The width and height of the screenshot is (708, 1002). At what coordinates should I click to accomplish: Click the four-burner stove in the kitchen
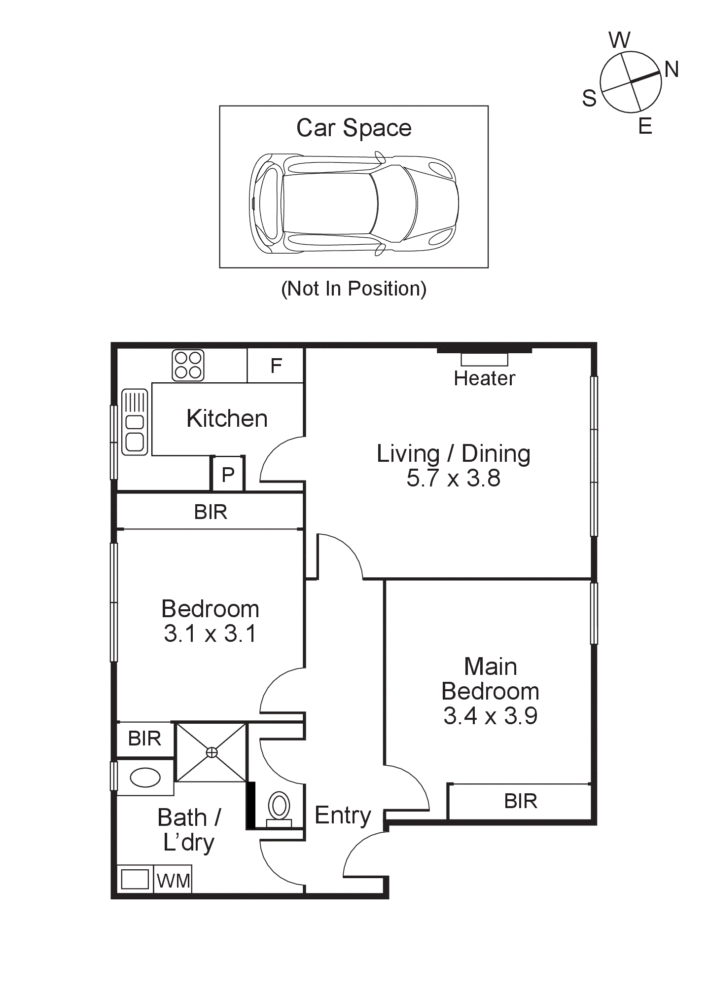(188, 365)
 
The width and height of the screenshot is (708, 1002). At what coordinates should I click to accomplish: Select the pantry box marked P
(228, 474)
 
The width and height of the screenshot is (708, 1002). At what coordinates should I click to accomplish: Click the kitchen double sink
(135, 422)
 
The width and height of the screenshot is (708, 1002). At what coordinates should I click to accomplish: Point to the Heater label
(484, 378)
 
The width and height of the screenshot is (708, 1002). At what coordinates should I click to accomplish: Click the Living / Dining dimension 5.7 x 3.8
(453, 478)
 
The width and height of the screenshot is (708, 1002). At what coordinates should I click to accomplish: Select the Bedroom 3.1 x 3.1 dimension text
(210, 633)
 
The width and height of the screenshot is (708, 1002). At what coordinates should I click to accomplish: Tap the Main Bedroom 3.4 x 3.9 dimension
(490, 716)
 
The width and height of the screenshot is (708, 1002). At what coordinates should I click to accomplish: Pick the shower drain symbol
(212, 752)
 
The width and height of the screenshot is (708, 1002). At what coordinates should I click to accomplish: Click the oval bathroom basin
(145, 778)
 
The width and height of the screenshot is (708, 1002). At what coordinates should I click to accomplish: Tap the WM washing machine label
(173, 881)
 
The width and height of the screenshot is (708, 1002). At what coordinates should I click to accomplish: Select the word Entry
(343, 816)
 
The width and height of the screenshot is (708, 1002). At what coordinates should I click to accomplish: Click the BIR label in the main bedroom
(521, 801)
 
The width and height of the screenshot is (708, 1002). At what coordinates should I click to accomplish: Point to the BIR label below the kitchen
(211, 512)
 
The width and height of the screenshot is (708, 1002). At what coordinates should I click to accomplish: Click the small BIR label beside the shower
(144, 739)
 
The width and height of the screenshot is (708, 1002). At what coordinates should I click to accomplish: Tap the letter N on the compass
(672, 70)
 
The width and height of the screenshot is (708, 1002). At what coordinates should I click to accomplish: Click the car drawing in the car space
(354, 203)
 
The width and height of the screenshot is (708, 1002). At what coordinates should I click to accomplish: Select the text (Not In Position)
(354, 289)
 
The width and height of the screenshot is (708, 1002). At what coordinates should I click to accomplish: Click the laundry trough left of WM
(135, 879)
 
